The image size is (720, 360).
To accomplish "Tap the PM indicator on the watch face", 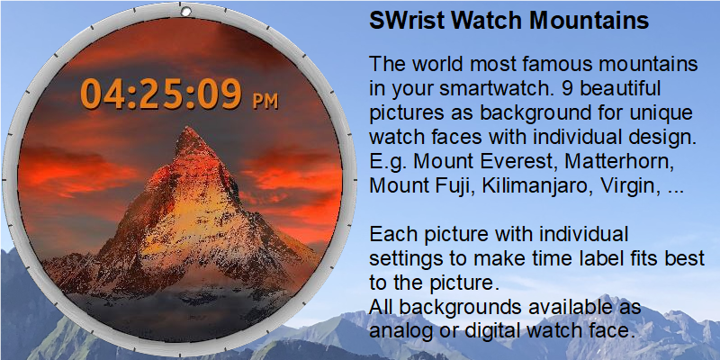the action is click(265, 102).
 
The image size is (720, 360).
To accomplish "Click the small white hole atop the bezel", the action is click(185, 12).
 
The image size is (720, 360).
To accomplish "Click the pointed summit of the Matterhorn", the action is click(189, 128).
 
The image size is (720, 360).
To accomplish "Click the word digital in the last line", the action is click(492, 330).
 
